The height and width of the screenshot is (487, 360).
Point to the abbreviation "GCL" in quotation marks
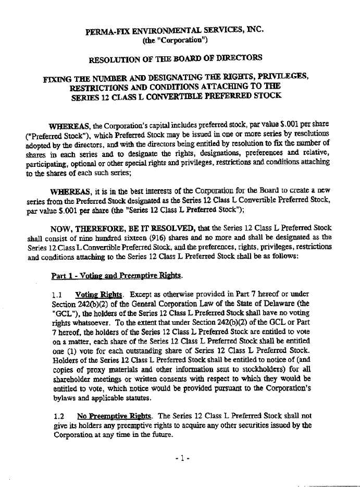(x=64, y=312)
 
